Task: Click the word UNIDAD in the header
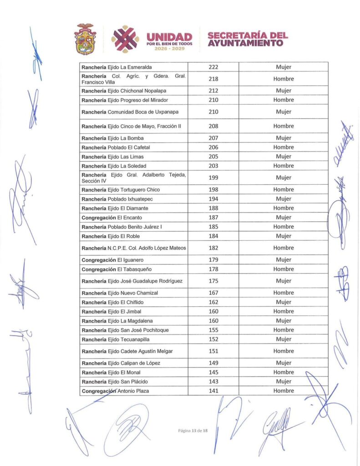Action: pos(169,36)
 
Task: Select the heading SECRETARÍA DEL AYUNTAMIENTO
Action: pos(248,39)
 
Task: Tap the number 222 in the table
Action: pos(213,67)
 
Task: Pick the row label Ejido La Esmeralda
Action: pos(120,67)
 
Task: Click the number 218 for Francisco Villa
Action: pos(213,79)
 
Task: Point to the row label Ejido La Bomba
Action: pos(112,138)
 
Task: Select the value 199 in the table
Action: pos(213,177)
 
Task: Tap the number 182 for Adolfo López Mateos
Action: pos(213,248)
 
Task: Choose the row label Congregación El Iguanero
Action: pos(114,260)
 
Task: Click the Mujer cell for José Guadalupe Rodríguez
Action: pos(283,281)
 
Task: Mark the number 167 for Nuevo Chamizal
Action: pos(213,293)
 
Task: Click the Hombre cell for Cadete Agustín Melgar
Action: pos(283,351)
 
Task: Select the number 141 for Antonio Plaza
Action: pos(213,391)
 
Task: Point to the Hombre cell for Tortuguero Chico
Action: pos(283,189)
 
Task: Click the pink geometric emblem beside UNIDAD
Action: pos(125,38)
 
